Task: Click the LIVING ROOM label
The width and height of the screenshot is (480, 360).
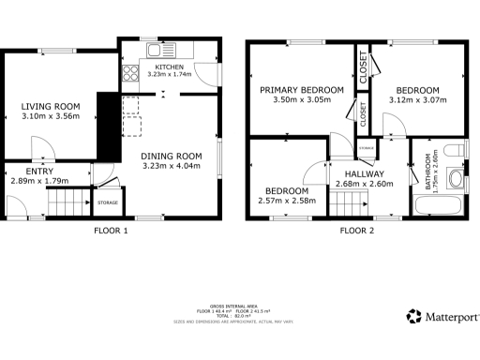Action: click(x=51, y=106)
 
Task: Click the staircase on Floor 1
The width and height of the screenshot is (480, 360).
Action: click(x=67, y=201)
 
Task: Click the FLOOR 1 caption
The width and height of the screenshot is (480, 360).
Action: click(x=111, y=230)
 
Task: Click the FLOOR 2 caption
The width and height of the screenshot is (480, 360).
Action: click(x=356, y=230)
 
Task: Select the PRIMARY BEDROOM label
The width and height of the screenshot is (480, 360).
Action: click(x=302, y=90)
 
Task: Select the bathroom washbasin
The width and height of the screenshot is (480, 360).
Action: click(x=456, y=177)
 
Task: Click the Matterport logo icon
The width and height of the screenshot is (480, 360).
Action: click(x=412, y=317)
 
